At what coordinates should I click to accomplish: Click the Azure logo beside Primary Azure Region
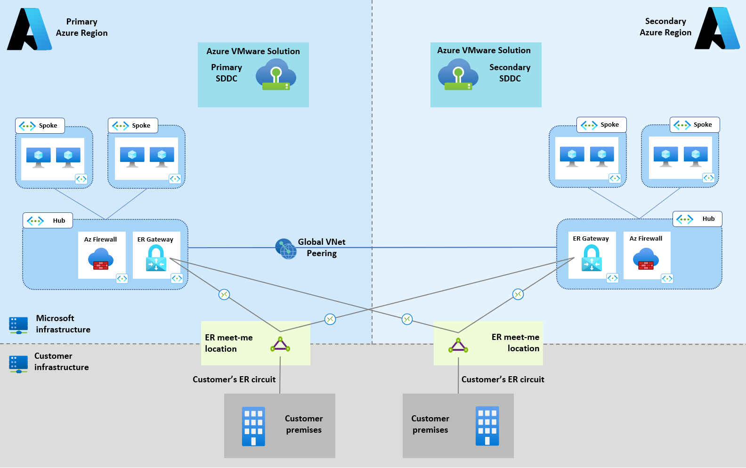(x=29, y=29)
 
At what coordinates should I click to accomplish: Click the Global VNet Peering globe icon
(x=286, y=249)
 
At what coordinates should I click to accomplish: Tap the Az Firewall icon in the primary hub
(x=101, y=259)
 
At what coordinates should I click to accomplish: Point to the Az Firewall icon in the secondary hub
(x=646, y=258)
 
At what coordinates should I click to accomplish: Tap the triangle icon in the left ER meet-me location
(x=280, y=345)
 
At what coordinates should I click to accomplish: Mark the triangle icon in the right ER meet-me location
(x=458, y=346)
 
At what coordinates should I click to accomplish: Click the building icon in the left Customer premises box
(x=253, y=426)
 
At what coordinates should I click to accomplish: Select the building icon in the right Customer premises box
(x=487, y=426)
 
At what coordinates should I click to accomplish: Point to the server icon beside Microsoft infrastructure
(x=18, y=325)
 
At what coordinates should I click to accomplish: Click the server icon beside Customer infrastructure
(x=18, y=364)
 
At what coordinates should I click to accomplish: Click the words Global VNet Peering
(x=322, y=248)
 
